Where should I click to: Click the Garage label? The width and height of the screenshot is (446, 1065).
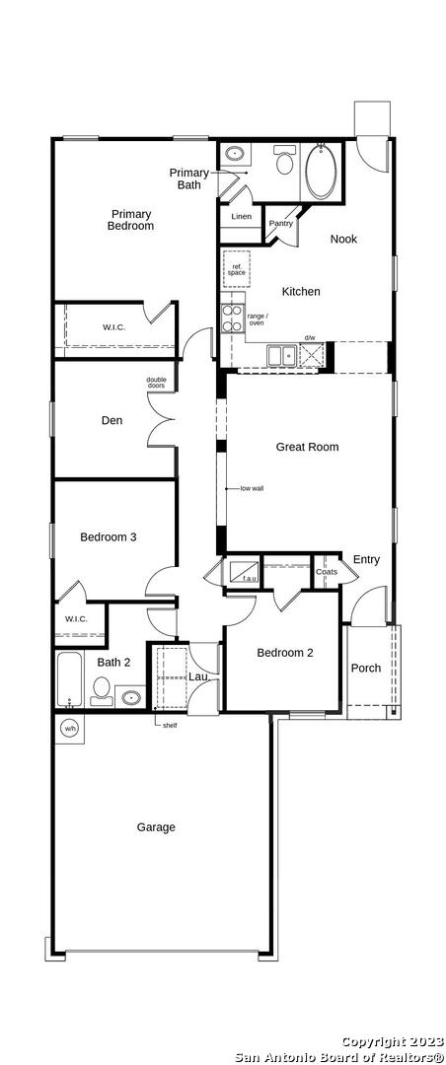click(156, 827)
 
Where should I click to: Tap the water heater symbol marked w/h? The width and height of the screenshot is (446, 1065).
click(70, 729)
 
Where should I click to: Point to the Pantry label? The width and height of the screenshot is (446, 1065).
click(281, 223)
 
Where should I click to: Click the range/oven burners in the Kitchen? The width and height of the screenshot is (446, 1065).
click(233, 318)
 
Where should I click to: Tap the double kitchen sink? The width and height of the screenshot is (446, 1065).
click(281, 355)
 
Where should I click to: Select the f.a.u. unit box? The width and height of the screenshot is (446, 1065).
click(242, 572)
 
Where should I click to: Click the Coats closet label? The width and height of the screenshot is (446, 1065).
click(327, 572)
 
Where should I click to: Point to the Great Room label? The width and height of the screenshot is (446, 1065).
click(307, 447)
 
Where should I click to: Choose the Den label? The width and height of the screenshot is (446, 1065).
click(112, 420)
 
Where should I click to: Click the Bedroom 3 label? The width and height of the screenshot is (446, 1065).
click(109, 537)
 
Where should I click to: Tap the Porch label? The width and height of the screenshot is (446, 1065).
click(366, 668)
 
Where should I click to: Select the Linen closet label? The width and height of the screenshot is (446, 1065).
click(242, 217)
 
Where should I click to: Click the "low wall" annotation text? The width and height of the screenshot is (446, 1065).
click(252, 488)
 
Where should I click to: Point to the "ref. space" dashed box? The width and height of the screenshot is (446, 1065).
click(237, 269)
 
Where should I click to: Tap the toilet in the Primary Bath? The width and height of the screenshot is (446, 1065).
click(283, 161)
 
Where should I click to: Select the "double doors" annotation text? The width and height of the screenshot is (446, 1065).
click(156, 383)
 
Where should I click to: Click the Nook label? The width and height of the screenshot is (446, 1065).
click(343, 239)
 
